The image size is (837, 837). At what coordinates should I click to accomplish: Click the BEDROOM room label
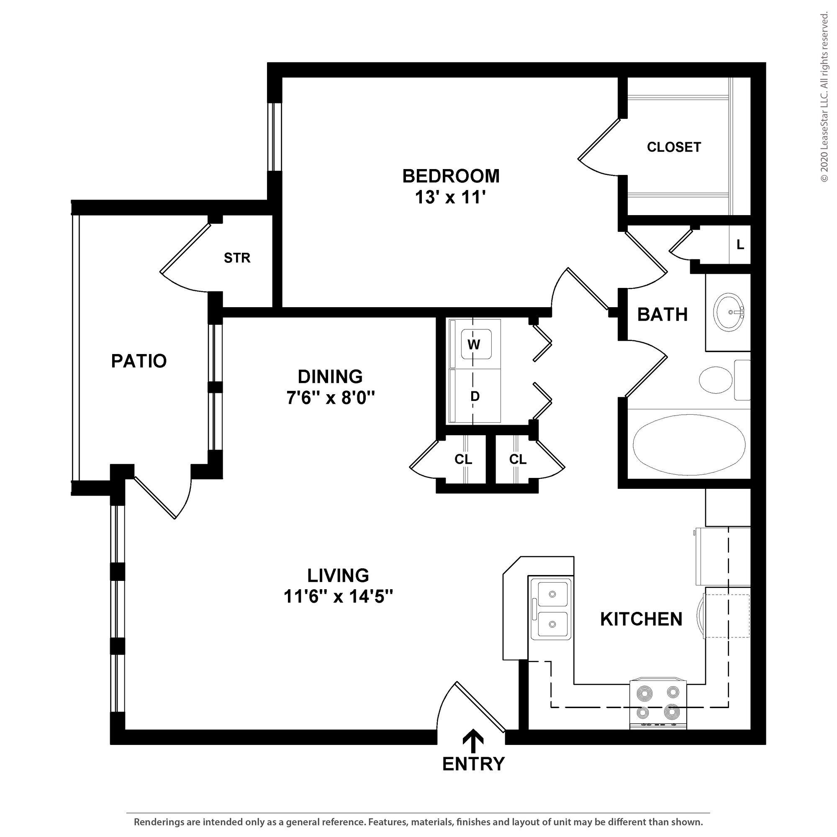click(x=451, y=176)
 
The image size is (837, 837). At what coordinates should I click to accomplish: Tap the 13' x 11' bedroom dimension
click(x=450, y=198)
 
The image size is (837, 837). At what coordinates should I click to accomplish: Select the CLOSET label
click(x=674, y=147)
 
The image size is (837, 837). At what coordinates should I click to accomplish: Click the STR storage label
click(x=237, y=258)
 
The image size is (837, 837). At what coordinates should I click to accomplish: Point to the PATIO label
click(x=139, y=361)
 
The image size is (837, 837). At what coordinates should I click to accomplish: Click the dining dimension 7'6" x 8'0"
click(x=330, y=397)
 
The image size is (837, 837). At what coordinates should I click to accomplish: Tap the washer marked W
click(x=476, y=344)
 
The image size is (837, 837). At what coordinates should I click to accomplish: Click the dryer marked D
click(x=475, y=396)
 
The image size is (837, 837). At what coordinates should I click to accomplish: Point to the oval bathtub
click(x=689, y=444)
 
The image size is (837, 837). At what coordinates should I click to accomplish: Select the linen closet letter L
click(x=740, y=245)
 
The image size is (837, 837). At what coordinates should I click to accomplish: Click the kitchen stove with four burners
click(x=657, y=704)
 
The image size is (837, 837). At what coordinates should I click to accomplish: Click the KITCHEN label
click(x=641, y=619)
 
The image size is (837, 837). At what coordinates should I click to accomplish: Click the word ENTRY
click(x=473, y=764)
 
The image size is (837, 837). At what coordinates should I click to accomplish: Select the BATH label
click(x=662, y=315)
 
